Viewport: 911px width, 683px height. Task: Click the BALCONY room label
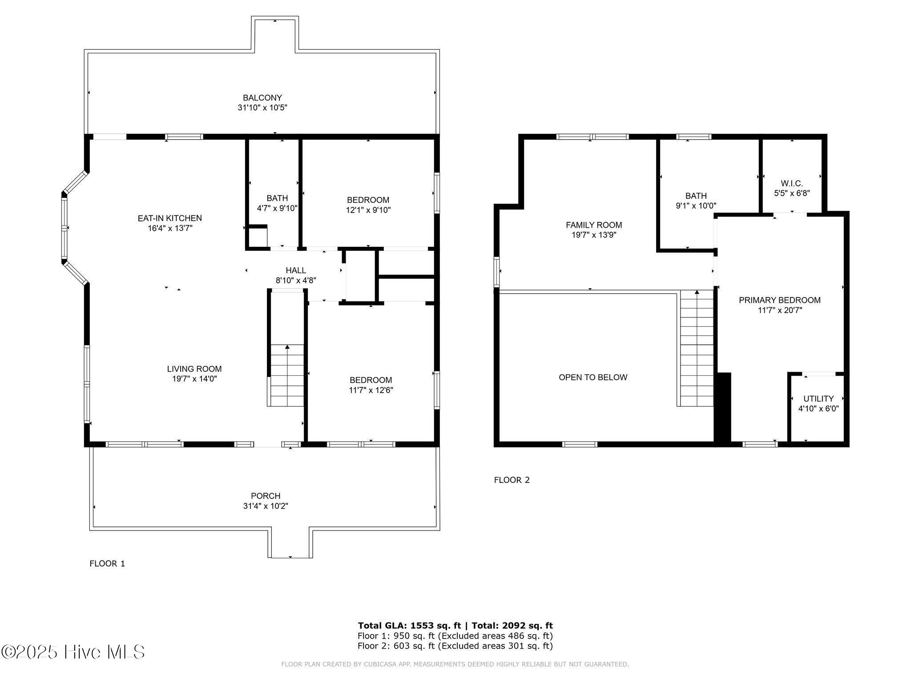[x=262, y=98]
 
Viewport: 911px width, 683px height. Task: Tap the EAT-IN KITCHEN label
[x=169, y=218]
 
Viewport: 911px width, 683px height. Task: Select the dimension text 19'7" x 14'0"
[x=194, y=379]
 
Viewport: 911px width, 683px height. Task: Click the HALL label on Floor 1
[x=296, y=270]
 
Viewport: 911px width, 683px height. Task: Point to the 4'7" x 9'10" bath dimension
[x=277, y=208]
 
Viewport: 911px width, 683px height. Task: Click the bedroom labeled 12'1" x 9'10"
[x=368, y=205]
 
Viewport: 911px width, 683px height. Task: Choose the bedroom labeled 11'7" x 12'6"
[x=371, y=385]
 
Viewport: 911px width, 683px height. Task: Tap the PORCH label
[x=266, y=496]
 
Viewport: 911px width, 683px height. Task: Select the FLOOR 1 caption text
[x=107, y=564]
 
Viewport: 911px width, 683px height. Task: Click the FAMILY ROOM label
[x=594, y=225]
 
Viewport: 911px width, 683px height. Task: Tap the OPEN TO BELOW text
[x=593, y=378]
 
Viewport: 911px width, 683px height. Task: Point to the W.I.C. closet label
[x=792, y=183]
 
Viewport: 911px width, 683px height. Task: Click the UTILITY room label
[x=818, y=399]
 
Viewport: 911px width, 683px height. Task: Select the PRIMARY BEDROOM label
[x=780, y=300]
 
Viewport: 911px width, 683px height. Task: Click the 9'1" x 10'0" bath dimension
[x=696, y=206]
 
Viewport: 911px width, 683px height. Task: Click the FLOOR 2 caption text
[x=512, y=480]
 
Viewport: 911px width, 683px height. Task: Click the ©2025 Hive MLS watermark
[x=73, y=652]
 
